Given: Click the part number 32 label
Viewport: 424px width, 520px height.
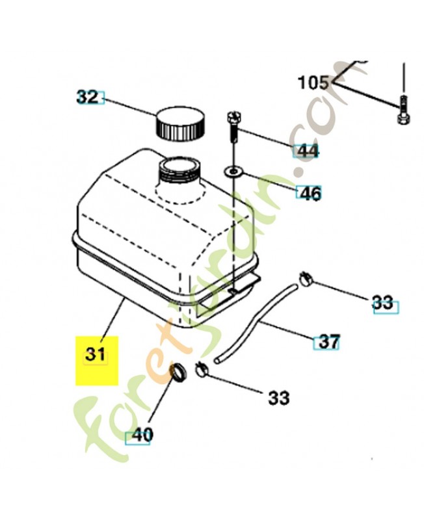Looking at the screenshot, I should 87,97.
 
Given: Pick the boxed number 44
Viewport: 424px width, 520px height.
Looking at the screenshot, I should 306,151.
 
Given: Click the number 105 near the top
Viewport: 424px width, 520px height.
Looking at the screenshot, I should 313,83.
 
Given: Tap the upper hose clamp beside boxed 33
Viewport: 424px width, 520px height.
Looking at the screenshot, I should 306,279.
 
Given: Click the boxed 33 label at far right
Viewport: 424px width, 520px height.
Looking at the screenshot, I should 384,303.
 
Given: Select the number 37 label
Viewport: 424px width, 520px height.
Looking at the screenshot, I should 328,341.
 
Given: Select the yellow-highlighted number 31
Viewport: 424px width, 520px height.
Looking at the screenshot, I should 96,356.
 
